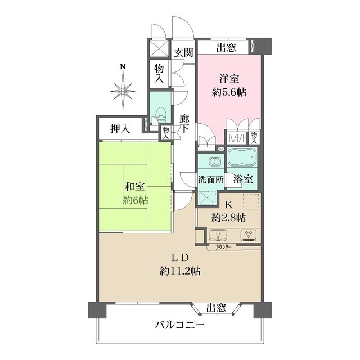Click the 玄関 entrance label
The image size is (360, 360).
click(x=183, y=53)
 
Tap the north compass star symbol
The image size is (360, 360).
click(x=122, y=89)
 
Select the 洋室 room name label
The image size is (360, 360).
click(x=228, y=79)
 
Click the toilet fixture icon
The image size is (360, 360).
click(x=159, y=113)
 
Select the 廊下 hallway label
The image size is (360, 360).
click(x=184, y=124)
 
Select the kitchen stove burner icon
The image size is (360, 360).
click(x=247, y=235)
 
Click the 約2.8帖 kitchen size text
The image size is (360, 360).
click(x=228, y=217)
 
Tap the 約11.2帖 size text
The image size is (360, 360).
click(x=180, y=271)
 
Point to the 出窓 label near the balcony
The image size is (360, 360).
click(x=216, y=308)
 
